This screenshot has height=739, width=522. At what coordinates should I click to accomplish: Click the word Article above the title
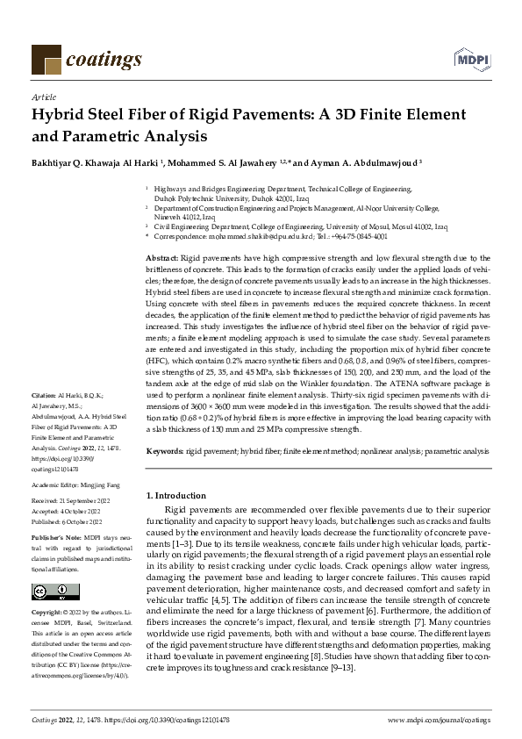point(43,97)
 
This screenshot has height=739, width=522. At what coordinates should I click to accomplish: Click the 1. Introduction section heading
point(176,496)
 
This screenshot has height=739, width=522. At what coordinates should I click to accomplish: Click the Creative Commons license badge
point(43,590)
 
